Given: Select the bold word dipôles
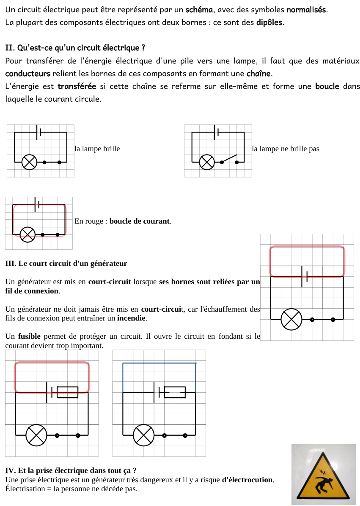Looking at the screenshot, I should tap(270, 22).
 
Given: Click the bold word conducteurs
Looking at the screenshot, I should tap(28, 74).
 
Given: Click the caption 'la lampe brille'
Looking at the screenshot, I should tap(97, 149).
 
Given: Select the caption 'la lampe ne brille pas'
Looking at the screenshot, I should tap(286, 149).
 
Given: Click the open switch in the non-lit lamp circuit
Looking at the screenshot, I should tap(229, 159).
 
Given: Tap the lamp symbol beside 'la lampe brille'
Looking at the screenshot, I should tap(29, 162).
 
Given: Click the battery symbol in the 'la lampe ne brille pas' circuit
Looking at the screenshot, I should tap(217, 132).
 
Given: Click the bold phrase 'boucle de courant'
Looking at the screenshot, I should tap(140, 221).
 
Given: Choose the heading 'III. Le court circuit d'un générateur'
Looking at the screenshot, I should tap(66, 263).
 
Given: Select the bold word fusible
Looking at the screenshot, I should tap(29, 336).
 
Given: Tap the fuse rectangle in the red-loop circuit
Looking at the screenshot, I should tap(68, 392).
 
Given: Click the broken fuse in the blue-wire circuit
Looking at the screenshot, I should tap(175, 392).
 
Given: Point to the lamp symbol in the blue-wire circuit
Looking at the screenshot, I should tap(144, 435).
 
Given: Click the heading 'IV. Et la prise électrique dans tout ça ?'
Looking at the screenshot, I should tap(71, 470).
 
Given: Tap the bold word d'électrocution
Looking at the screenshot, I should tap(247, 480).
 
